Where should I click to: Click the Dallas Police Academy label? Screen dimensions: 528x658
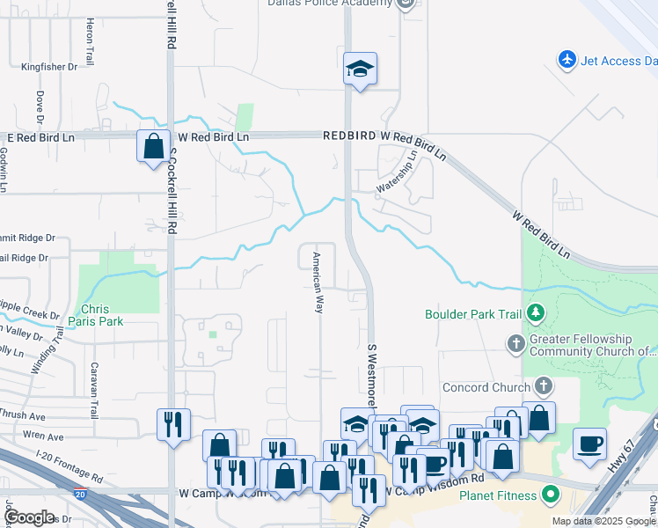point(330,4)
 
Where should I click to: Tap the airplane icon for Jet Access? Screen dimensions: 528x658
point(567,60)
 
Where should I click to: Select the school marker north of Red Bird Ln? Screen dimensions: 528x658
point(360,69)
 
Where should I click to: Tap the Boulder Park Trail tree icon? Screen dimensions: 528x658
point(535,313)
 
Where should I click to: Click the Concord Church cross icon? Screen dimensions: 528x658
point(544,385)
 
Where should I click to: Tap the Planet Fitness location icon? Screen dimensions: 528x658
point(552,495)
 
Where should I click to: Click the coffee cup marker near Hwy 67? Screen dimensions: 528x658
point(589,443)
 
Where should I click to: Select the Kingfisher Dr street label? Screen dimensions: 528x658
point(49,66)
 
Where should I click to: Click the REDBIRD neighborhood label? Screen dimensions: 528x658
point(350,136)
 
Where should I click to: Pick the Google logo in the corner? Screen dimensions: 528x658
point(29,517)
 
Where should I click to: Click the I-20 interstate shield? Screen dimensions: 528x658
point(81,495)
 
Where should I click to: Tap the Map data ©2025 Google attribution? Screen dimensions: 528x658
point(603,521)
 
